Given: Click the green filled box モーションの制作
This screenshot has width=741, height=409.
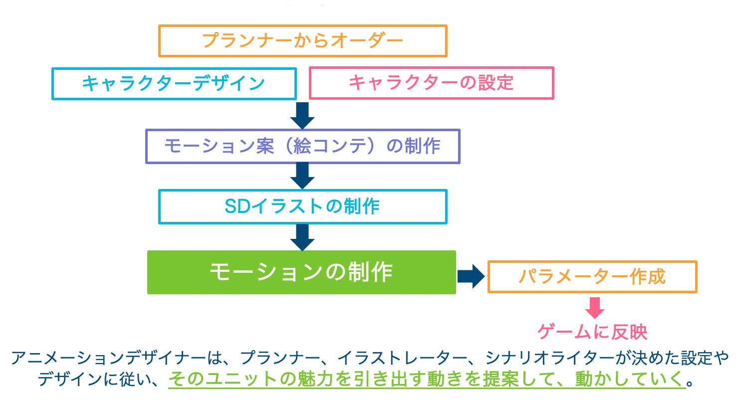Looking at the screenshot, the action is pyautogui.click(x=301, y=272).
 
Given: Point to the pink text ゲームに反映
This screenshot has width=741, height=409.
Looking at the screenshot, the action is pyautogui.click(x=592, y=332).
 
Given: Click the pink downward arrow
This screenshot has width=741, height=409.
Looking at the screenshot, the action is pyautogui.click(x=594, y=308).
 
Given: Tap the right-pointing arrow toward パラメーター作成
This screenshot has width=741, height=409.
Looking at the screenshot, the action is pyautogui.click(x=471, y=276).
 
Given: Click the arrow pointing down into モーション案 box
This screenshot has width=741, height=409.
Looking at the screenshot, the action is pyautogui.click(x=302, y=115).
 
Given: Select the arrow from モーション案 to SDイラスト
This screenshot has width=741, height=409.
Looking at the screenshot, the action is pyautogui.click(x=302, y=176).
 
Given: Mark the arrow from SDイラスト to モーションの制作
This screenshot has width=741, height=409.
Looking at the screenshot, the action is pyautogui.click(x=302, y=237).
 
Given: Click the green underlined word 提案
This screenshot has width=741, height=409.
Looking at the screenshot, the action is pyautogui.click(x=501, y=379).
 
